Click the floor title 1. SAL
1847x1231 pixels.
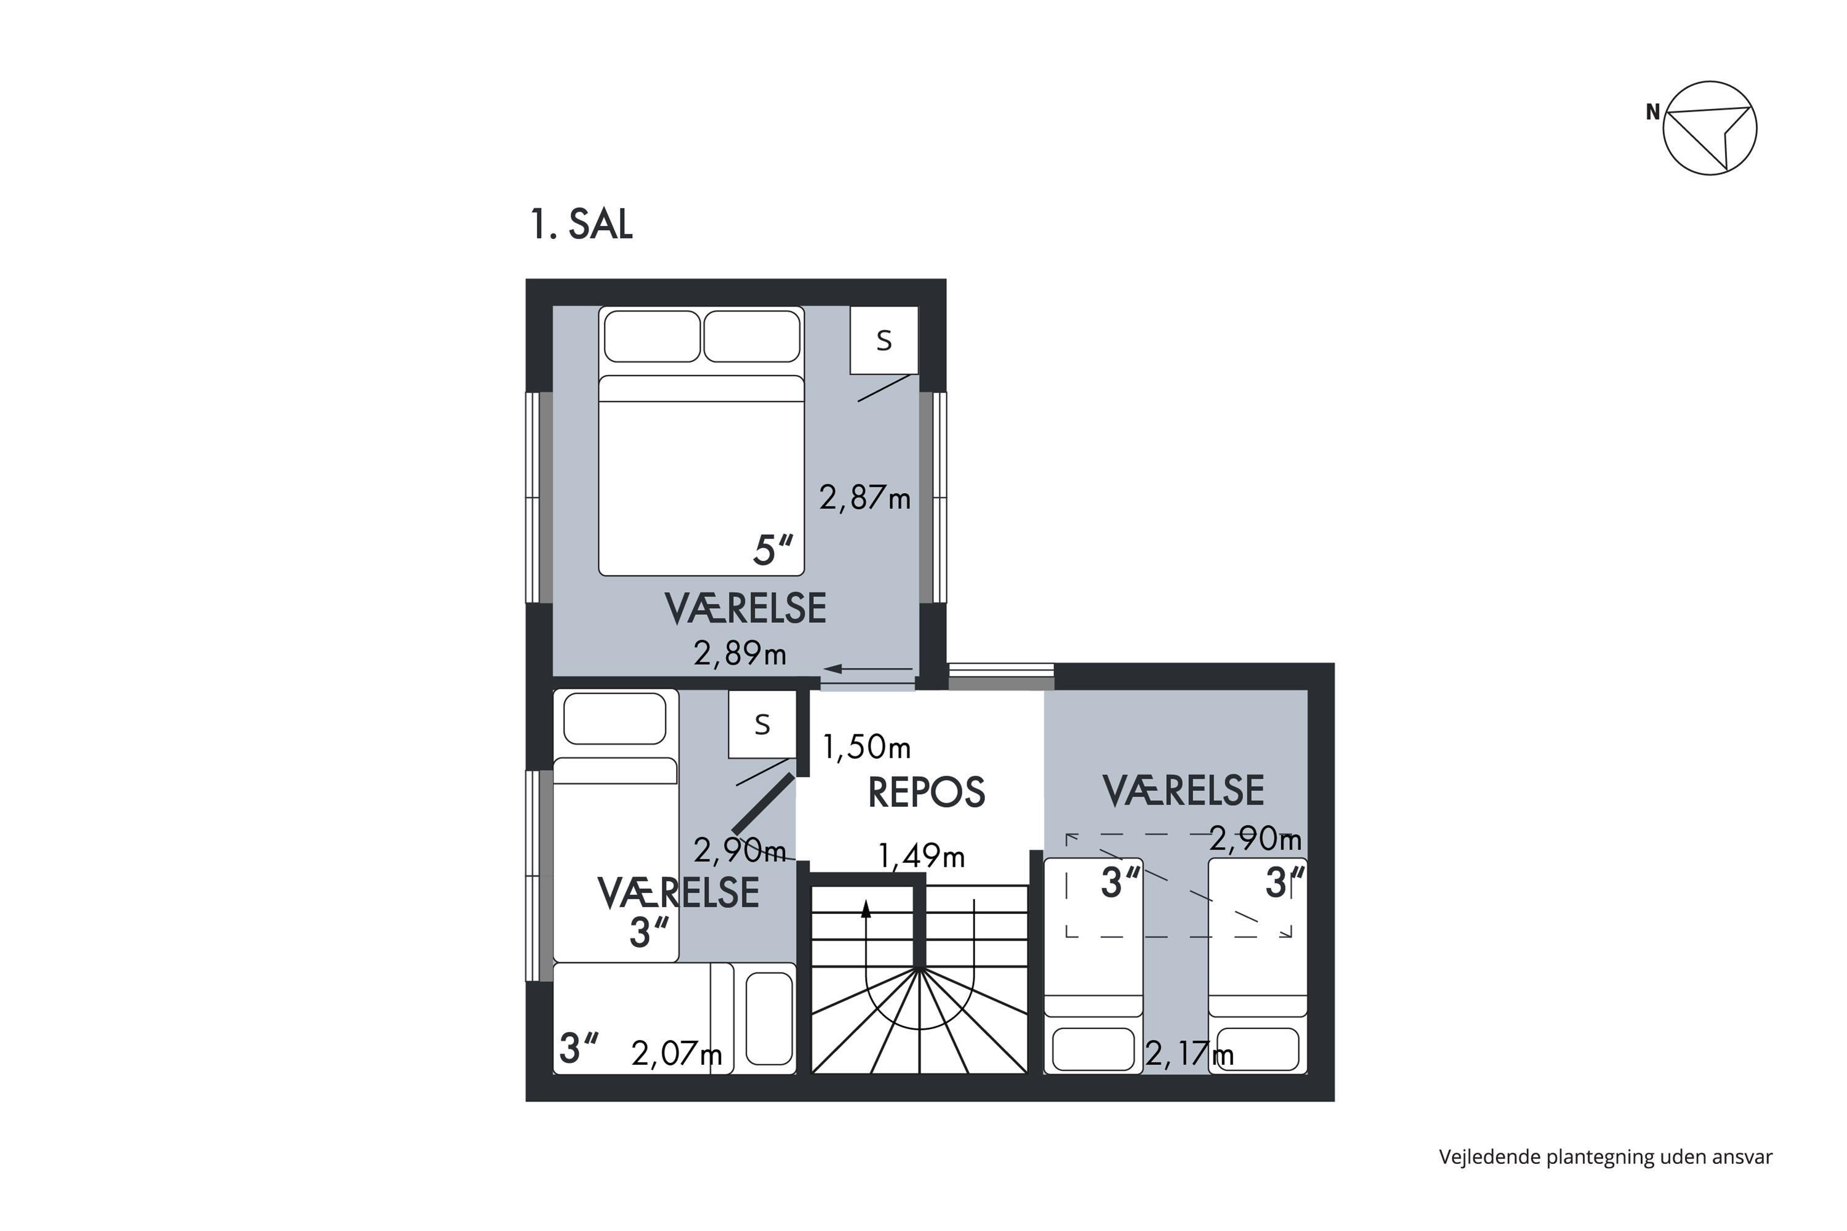click(x=581, y=225)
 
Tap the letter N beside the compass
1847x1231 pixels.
click(x=1653, y=112)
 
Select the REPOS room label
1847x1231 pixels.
click(x=926, y=792)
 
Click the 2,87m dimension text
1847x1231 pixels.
click(x=864, y=497)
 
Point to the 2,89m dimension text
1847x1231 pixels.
click(x=740, y=653)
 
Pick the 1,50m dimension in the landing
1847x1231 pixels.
click(x=866, y=747)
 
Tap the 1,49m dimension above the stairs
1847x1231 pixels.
click(x=921, y=855)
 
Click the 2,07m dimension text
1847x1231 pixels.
click(x=676, y=1054)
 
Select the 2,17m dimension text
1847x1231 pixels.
click(x=1189, y=1054)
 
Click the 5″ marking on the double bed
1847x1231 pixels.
click(x=773, y=550)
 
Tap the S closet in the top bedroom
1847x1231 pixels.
click(x=884, y=340)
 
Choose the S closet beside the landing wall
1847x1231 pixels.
click(x=762, y=724)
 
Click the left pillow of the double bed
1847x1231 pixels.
click(x=652, y=336)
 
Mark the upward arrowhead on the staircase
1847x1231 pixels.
click(x=866, y=909)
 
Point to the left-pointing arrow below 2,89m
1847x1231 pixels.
click(x=867, y=669)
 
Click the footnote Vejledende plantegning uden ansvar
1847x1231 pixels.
click(x=1606, y=1157)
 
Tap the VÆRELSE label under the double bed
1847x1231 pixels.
click(x=745, y=609)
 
